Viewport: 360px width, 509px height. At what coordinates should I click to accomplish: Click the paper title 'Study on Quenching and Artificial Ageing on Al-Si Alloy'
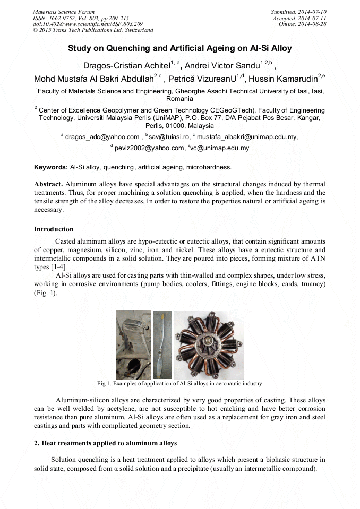point(179,48)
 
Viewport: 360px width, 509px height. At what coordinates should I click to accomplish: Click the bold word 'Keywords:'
point(51,167)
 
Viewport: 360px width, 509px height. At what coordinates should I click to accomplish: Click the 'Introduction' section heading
point(54,229)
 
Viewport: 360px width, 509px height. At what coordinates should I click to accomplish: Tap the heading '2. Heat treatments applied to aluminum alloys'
point(106,443)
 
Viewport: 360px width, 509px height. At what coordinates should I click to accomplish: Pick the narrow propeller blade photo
point(162,345)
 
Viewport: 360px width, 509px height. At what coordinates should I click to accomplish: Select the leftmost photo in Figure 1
point(133,345)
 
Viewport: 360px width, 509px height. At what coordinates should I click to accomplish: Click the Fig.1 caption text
point(179,383)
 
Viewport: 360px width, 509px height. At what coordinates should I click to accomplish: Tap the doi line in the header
point(88,24)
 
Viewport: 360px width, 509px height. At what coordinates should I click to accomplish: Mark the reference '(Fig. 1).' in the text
point(46,292)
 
